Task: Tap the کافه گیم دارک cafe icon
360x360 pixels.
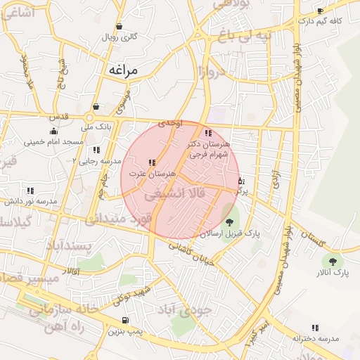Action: click(x=320, y=11)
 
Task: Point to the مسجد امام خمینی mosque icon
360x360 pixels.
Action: click(x=53, y=131)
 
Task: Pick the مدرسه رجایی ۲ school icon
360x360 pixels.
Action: click(x=96, y=150)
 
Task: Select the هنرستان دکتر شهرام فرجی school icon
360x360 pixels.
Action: click(x=207, y=133)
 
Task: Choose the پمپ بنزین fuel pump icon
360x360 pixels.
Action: click(x=124, y=321)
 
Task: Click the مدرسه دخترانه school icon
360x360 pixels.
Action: click(x=314, y=328)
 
